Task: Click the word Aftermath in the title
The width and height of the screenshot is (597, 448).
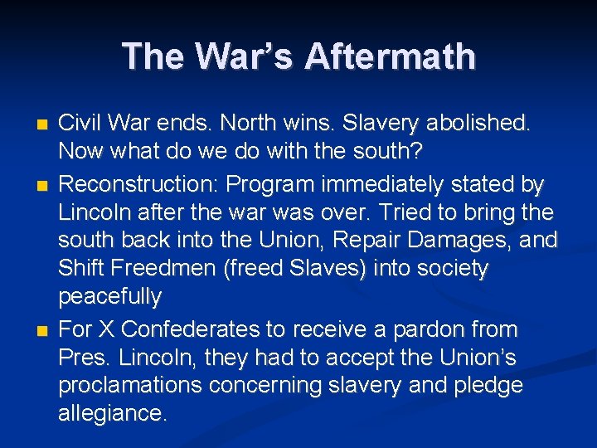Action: [390, 57]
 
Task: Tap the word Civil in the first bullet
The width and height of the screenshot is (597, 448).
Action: [79, 124]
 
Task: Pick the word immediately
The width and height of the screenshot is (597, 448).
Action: [396, 183]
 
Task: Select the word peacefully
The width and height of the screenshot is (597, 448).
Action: [109, 297]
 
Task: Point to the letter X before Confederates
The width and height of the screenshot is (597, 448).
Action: [106, 329]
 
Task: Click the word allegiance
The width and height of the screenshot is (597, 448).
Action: [112, 414]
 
